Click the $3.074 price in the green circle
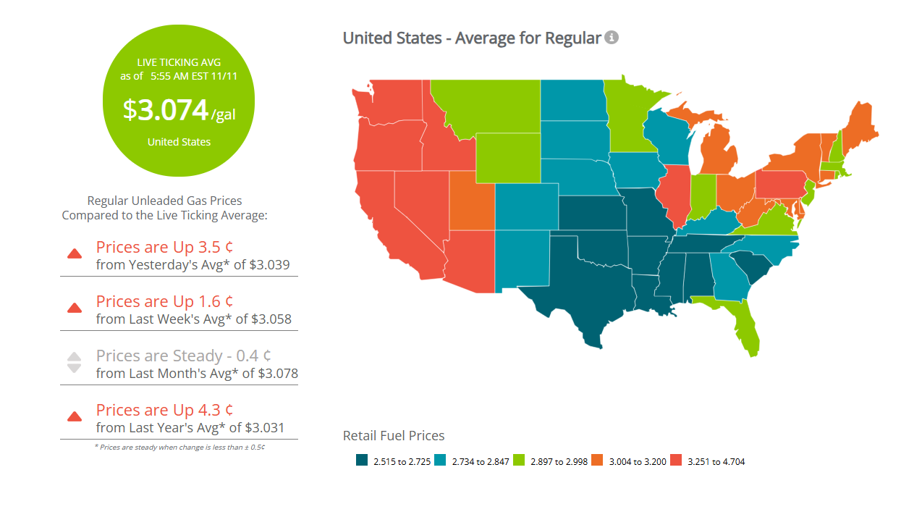point(166,109)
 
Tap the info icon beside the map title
point(612,38)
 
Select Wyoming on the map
point(508,157)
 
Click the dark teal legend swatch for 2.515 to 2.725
point(362,461)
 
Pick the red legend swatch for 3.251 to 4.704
point(676,461)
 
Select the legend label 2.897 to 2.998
point(558,461)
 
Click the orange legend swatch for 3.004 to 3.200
point(597,461)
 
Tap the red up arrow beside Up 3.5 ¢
point(74,253)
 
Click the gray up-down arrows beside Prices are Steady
point(74,362)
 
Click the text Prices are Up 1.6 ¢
point(164,301)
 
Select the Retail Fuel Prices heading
point(394,435)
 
